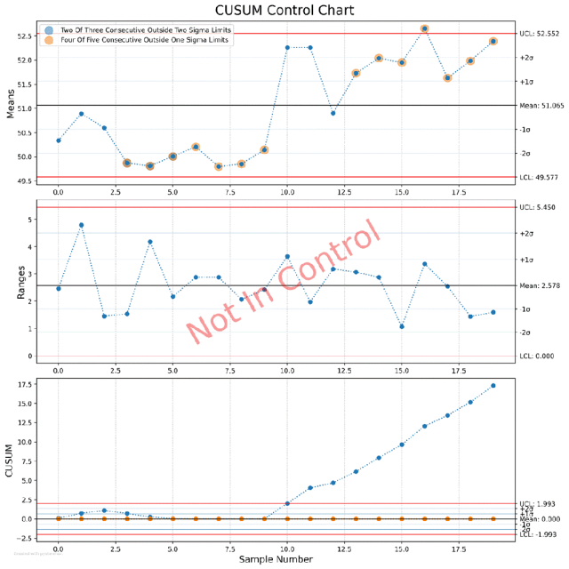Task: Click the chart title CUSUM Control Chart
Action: click(284, 11)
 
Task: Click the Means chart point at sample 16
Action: click(425, 28)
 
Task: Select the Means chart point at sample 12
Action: click(333, 113)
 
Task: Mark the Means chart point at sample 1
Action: click(82, 114)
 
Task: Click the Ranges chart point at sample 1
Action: click(82, 225)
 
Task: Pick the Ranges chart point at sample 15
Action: click(402, 326)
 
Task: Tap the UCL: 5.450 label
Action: click(540, 207)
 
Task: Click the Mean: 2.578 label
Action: click(541, 286)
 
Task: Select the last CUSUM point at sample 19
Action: click(493, 386)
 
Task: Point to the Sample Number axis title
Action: click(276, 559)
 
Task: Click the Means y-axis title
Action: click(12, 105)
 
